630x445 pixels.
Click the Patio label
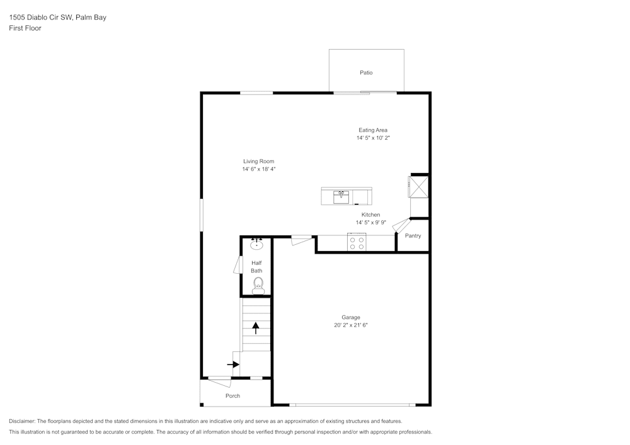pos(366,73)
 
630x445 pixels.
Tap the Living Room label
pos(258,162)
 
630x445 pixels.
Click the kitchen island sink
pos(341,196)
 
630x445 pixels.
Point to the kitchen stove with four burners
pos(357,242)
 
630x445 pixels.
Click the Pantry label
pos(413,236)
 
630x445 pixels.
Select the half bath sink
pos(256,245)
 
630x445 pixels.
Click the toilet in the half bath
pos(258,287)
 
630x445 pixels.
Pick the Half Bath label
pos(256,267)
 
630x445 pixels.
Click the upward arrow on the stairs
pos(256,327)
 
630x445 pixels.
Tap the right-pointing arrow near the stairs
pos(233,364)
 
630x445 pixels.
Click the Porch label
pos(232,396)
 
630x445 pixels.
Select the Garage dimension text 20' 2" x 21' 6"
pos(350,325)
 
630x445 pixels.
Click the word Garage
pos(351,318)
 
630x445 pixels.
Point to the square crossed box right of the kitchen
pos(419,187)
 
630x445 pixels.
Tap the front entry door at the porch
pos(220,381)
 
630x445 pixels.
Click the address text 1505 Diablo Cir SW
pos(40,18)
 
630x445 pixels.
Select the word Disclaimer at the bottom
pos(22,421)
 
